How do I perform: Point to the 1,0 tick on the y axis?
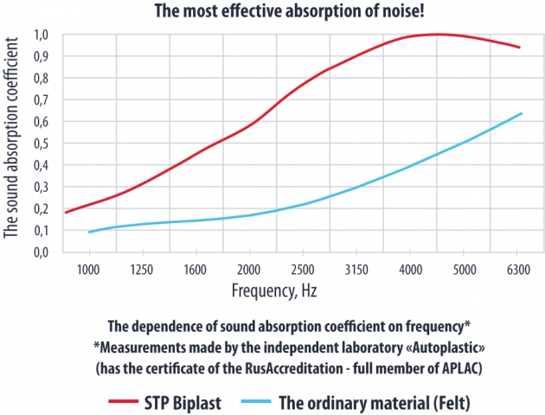tap(41, 35)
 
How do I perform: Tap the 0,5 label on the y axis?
tap(41, 144)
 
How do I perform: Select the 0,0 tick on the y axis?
tap(41, 252)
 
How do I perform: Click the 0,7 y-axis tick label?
tap(41, 100)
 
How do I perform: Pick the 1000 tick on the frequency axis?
tap(88, 269)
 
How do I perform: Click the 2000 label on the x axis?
tap(248, 269)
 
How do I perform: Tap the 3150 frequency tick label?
tap(356, 269)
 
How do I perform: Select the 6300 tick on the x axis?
tap(520, 269)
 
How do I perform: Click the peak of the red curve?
tap(437, 35)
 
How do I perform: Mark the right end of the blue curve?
tap(521, 113)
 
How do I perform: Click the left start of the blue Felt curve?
tap(88, 232)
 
